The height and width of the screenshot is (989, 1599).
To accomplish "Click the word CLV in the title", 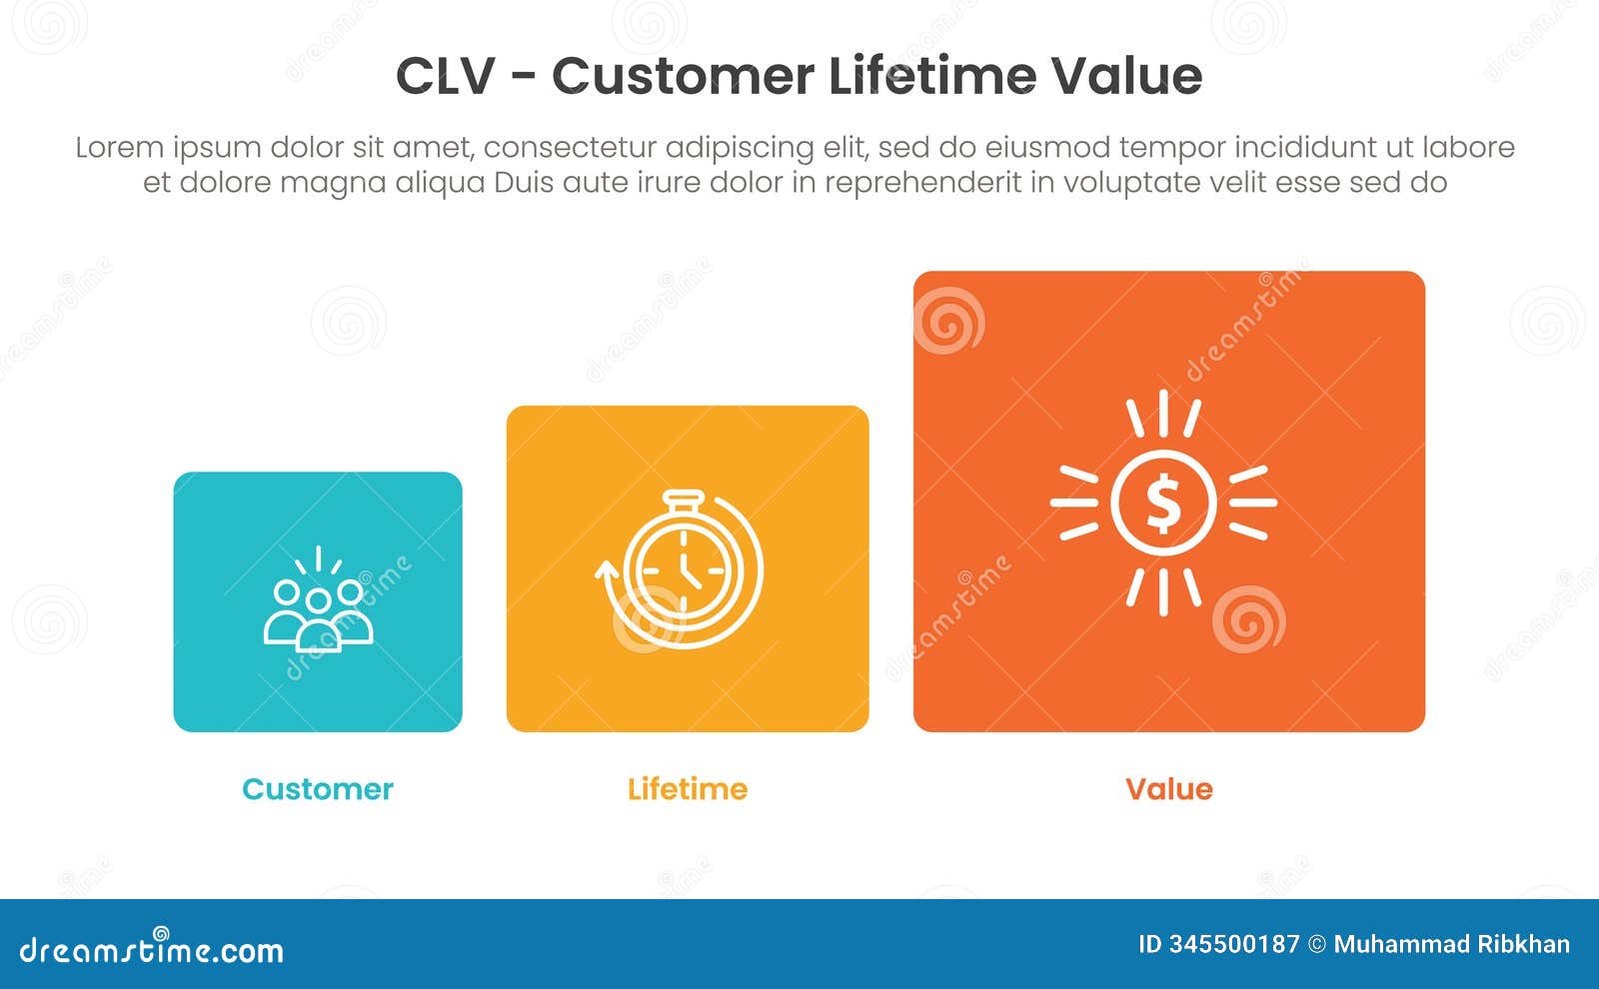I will [x=445, y=76].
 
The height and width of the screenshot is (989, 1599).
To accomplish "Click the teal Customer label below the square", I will [x=318, y=789].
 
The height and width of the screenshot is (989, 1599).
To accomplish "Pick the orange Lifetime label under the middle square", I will [x=688, y=789].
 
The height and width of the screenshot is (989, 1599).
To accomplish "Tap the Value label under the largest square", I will [x=1168, y=789].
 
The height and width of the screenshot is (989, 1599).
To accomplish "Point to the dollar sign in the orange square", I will [x=1163, y=503].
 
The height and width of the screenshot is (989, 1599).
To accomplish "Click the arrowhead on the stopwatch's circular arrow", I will [x=606, y=570].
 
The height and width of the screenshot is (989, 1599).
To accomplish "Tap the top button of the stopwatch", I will [x=684, y=496].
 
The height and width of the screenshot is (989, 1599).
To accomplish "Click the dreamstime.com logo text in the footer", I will [x=151, y=949].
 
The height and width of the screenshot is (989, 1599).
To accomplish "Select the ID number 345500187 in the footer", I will [x=1233, y=945].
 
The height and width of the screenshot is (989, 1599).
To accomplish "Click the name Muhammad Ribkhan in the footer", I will [x=1451, y=945].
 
